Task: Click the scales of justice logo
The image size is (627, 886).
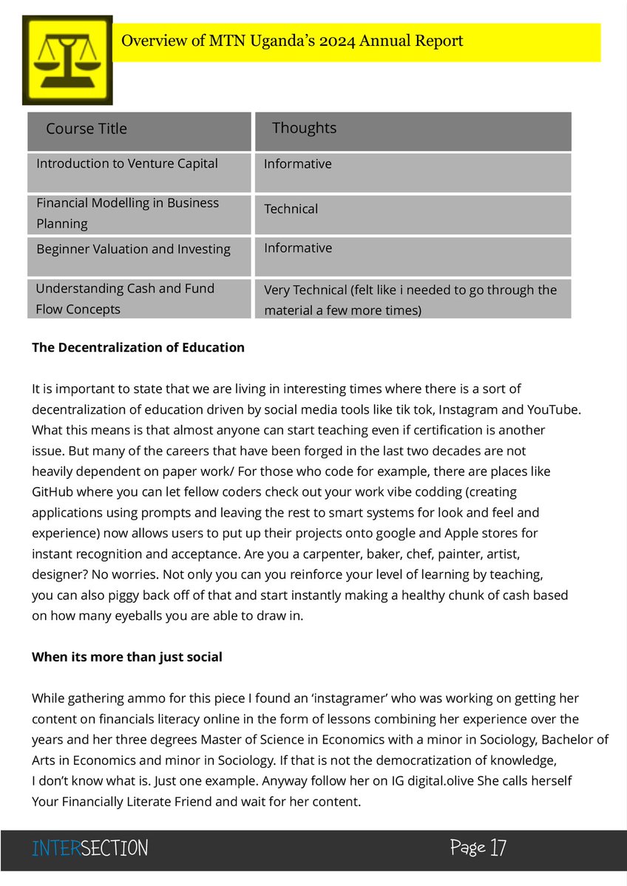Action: click(x=67, y=60)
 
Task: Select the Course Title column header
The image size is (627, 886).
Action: click(x=87, y=129)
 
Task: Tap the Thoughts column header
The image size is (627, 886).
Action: click(x=304, y=128)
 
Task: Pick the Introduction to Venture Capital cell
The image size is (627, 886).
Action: click(x=127, y=163)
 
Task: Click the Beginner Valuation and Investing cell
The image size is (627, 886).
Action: click(x=133, y=249)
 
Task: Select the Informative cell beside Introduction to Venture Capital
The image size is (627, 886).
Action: click(x=298, y=164)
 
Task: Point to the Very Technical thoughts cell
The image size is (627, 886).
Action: click(x=410, y=299)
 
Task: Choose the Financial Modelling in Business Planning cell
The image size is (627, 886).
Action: click(x=128, y=213)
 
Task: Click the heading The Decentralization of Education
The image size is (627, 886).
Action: click(x=138, y=347)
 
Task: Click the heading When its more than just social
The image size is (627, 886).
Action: click(x=127, y=657)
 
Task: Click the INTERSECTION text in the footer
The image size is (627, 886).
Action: click(x=89, y=848)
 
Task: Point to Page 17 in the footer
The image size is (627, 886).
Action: click(x=478, y=847)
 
